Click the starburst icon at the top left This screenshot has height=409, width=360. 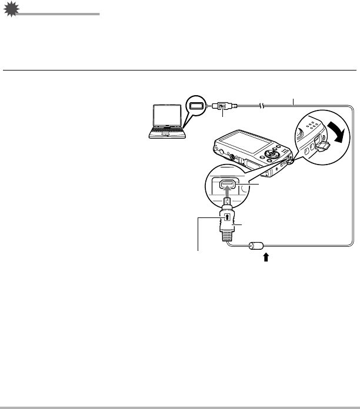pos(10,10)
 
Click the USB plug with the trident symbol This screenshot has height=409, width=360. pos(221,106)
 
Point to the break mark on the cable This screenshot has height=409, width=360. pos(264,106)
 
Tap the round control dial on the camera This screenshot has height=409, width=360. pos(272,155)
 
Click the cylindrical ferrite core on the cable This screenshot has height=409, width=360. pos(258,247)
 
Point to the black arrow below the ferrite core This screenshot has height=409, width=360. pos(266,257)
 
